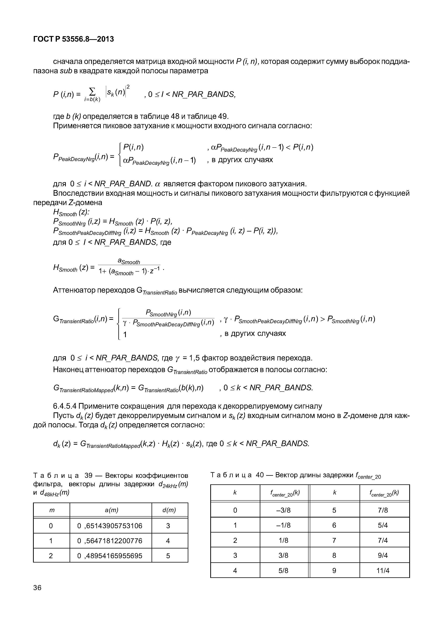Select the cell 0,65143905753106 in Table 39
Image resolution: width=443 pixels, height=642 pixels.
(x=110, y=526)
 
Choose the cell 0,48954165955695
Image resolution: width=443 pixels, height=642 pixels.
(x=110, y=556)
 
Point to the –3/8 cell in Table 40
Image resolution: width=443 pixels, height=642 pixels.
(x=283, y=510)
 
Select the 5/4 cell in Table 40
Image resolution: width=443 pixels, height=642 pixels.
(x=383, y=525)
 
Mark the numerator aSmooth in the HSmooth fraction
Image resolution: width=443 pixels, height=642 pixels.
(x=129, y=261)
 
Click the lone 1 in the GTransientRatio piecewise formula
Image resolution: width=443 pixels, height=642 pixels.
(x=125, y=335)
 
